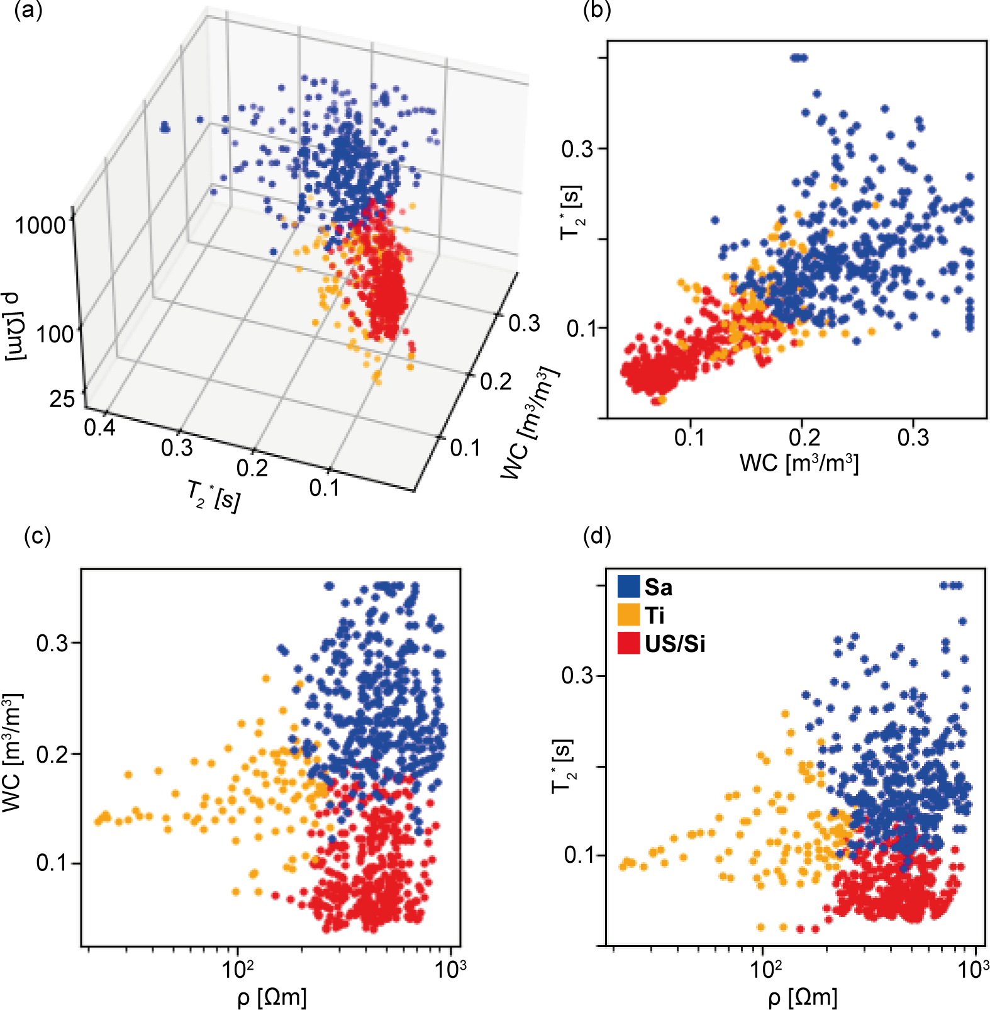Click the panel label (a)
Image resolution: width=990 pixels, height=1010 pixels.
(28, 11)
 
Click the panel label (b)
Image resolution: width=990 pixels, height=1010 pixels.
(597, 11)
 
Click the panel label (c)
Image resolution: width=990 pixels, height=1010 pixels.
(36, 536)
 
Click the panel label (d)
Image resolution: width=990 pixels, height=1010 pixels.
(597, 536)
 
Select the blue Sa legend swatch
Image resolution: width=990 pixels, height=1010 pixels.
(628, 586)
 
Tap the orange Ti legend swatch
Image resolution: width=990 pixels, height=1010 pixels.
(628, 615)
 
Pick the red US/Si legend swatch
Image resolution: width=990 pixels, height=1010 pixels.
(628, 643)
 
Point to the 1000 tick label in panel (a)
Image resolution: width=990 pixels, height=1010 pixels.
(40, 225)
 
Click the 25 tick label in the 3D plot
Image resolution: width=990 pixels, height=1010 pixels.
(62, 398)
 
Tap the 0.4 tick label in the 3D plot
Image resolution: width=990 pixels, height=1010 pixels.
(99, 427)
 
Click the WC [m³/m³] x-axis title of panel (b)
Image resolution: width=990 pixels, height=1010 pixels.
(799, 463)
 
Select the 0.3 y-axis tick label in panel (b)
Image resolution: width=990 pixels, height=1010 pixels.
(577, 149)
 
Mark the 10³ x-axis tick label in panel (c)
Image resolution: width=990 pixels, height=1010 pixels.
(450, 969)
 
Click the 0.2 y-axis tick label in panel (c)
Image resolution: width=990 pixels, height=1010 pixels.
(52, 754)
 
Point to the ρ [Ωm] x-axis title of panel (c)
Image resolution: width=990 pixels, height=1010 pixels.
(272, 997)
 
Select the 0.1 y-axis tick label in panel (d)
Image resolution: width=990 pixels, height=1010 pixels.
(579, 856)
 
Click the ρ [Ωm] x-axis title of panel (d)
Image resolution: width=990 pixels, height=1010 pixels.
(803, 997)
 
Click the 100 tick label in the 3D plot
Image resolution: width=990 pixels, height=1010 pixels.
(55, 334)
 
